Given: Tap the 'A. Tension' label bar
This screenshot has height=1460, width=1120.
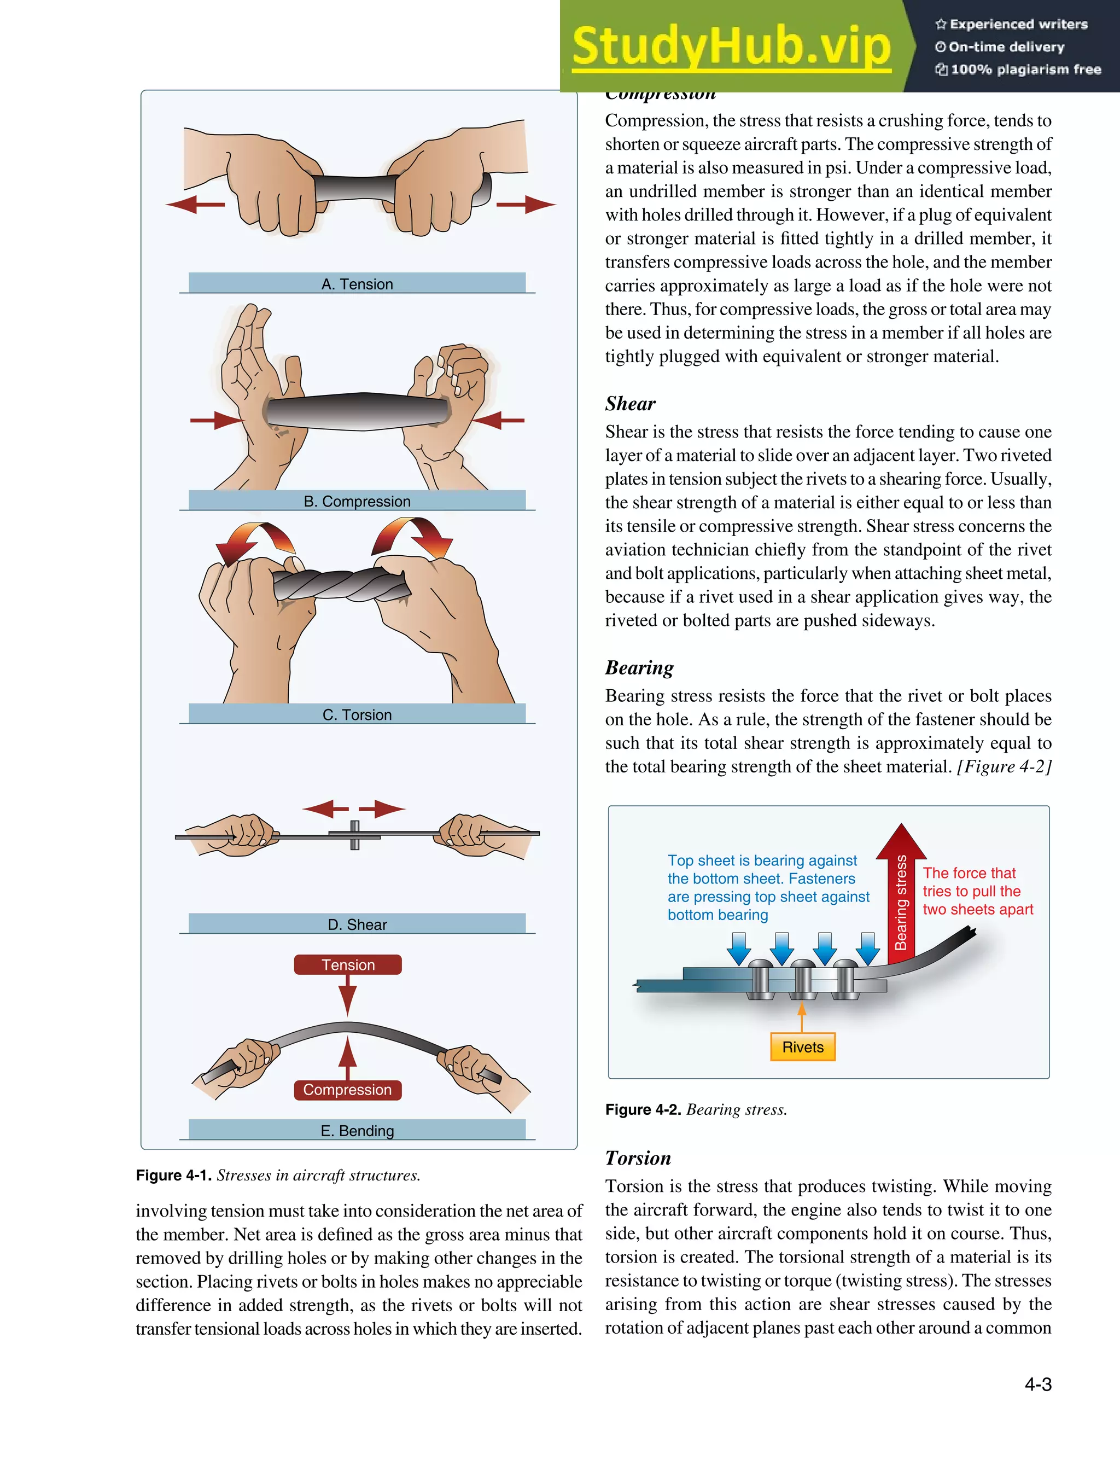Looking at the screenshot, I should point(357,283).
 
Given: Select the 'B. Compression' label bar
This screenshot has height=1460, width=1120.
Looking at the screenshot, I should point(357,501).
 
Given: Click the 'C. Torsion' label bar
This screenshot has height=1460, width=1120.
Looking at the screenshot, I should point(357,714).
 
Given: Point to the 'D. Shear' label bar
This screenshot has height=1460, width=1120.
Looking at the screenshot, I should point(357,924).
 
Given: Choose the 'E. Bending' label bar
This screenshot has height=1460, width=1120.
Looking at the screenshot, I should point(357,1130).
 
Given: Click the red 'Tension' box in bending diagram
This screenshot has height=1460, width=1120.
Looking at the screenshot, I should point(347,964).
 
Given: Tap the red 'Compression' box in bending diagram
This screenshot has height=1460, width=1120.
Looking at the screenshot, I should point(347,1089).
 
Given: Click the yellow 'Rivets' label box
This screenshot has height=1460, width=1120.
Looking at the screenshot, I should point(802,1046).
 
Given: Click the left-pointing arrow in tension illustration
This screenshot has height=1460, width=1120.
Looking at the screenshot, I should point(195,204).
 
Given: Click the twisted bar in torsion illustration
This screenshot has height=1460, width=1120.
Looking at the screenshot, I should point(341,584).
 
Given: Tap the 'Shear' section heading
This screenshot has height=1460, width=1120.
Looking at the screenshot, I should point(630,403).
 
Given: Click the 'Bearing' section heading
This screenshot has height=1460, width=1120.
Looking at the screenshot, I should point(639,667).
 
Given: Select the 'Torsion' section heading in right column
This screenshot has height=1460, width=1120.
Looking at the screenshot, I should point(637,1158).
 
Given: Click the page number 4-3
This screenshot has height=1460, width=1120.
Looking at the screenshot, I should point(1037,1384).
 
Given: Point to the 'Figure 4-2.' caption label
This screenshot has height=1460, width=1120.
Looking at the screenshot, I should point(643,1109).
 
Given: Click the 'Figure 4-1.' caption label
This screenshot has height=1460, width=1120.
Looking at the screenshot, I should point(173,1174).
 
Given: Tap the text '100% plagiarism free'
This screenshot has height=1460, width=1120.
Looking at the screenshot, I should point(1025,69).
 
